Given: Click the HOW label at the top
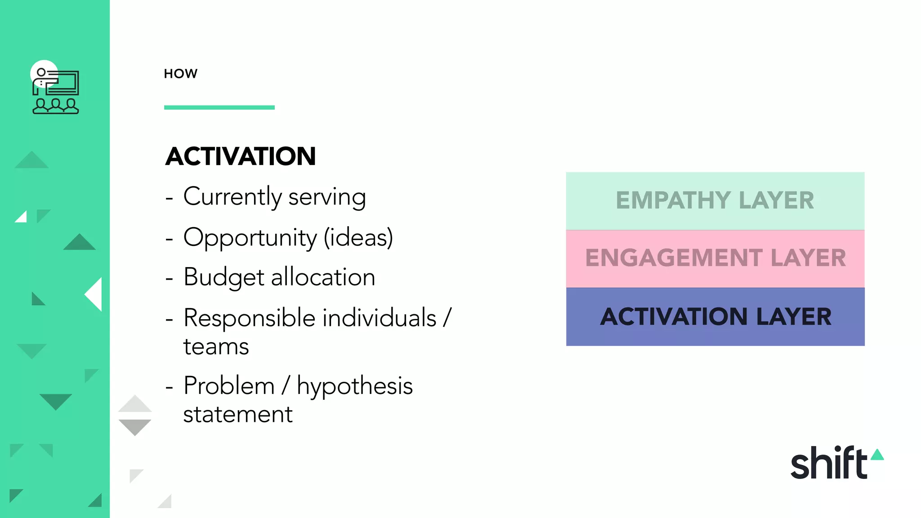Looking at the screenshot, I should click(x=180, y=74).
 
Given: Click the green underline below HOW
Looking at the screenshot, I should click(x=219, y=107).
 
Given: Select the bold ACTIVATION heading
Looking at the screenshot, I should click(x=240, y=156).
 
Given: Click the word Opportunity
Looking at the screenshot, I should click(x=250, y=238).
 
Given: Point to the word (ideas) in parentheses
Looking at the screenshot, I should click(x=358, y=238).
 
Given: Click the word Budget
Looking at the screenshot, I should click(x=224, y=277).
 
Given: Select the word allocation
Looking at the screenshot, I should click(x=323, y=277).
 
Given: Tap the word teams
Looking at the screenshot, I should click(x=216, y=347).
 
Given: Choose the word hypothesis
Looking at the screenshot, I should click(x=354, y=387).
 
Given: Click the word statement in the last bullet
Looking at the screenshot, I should click(x=237, y=415).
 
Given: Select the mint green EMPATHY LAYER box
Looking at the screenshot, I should click(x=715, y=201).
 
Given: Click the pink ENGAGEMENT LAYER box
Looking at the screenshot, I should click(x=715, y=259).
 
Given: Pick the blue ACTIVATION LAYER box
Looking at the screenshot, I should click(x=715, y=317).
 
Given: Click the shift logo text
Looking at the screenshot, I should click(x=828, y=463).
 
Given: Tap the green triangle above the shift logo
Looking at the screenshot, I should click(x=877, y=455).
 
